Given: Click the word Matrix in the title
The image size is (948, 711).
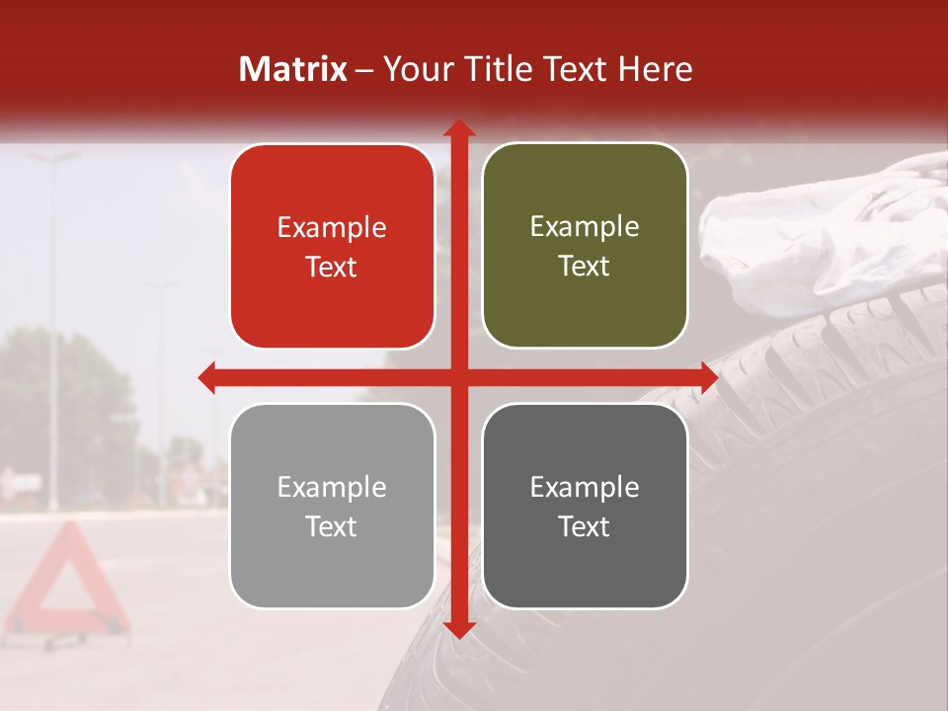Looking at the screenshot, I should pyautogui.click(x=293, y=69).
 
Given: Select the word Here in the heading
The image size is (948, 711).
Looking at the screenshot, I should pyautogui.click(x=656, y=69).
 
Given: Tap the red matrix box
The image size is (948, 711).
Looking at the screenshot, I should pyautogui.click(x=332, y=246).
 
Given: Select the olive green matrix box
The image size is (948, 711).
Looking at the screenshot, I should pyautogui.click(x=585, y=246).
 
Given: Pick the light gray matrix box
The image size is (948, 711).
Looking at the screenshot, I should pyautogui.click(x=332, y=506).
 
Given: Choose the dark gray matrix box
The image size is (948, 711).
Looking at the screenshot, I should pyautogui.click(x=585, y=506).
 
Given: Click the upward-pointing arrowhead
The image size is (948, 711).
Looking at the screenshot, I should pyautogui.click(x=458, y=129).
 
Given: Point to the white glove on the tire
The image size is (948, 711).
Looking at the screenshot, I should pyautogui.click(x=820, y=237).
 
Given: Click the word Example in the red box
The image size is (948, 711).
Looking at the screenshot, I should pyautogui.click(x=332, y=228).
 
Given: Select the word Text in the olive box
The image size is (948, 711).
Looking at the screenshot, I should pyautogui.click(x=585, y=266).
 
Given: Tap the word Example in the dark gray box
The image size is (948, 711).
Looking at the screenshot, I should pyautogui.click(x=585, y=488).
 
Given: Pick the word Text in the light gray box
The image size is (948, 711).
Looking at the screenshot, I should pyautogui.click(x=332, y=526).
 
